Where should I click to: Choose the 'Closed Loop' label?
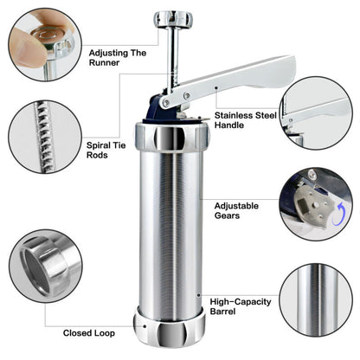(92, 332)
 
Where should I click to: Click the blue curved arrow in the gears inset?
(344, 213)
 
